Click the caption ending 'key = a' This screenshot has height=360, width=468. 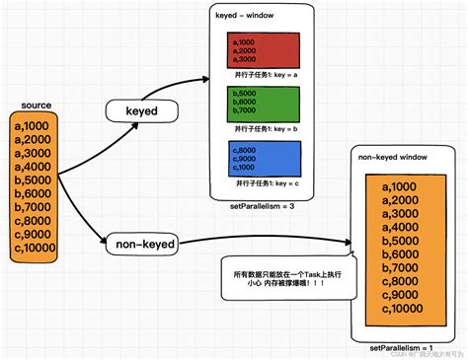tap(266, 74)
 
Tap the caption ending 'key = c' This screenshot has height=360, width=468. tap(266, 182)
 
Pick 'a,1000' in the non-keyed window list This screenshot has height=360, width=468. tap(402, 187)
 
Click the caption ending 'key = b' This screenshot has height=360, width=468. tap(266, 128)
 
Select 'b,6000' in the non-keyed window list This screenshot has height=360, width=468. tap(403, 255)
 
